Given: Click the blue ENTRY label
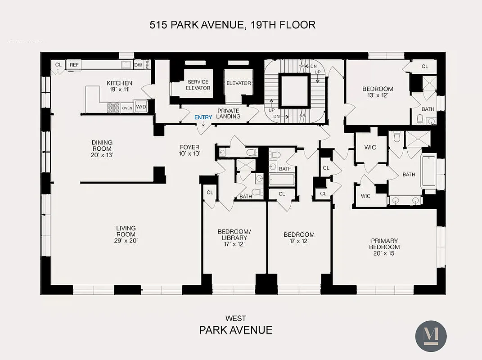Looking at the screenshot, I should pyautogui.click(x=203, y=117).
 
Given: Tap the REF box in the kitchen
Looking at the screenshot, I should pyautogui.click(x=74, y=65).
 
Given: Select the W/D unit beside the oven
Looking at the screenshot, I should pyautogui.click(x=141, y=107).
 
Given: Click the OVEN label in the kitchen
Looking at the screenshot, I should pyautogui.click(x=127, y=108).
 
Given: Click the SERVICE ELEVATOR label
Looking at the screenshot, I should pyautogui.click(x=198, y=85).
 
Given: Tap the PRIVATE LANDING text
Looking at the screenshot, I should pyautogui.click(x=228, y=113).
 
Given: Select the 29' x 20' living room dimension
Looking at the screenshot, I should pyautogui.click(x=126, y=241).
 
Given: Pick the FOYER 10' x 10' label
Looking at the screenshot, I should pyautogui.click(x=189, y=150).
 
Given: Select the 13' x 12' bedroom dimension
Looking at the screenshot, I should pyautogui.click(x=378, y=95).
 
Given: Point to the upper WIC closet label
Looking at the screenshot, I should pyautogui.click(x=370, y=148).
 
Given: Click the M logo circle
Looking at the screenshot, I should pyautogui.click(x=431, y=336).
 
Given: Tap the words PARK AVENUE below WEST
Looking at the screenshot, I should pyautogui.click(x=235, y=330).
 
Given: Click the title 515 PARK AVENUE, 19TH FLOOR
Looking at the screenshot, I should pyautogui.click(x=233, y=25).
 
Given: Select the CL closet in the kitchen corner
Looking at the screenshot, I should pyautogui.click(x=58, y=65).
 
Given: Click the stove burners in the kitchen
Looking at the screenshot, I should pyautogui.click(x=113, y=108).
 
